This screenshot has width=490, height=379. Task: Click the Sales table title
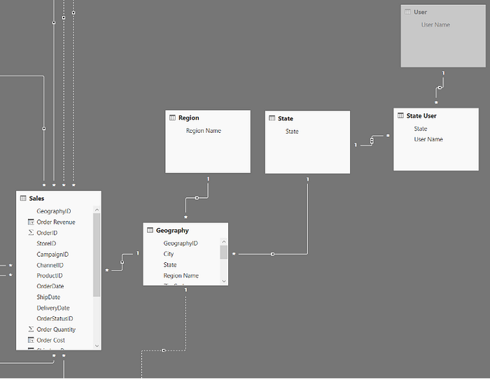coord(36,199)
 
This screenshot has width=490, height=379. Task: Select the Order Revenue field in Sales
coord(55,222)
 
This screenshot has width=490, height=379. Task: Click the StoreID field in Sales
coord(46,243)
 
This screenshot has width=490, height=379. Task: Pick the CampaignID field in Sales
coord(52,255)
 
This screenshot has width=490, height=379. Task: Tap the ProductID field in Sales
coord(50,276)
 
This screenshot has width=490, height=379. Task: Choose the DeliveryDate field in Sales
coord(52,308)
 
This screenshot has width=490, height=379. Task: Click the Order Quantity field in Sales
coord(56,329)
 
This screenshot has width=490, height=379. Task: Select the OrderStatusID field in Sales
coord(55,318)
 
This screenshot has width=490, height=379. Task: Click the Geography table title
coord(172,230)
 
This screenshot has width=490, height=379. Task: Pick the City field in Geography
coord(169,254)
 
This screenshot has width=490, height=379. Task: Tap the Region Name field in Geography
coord(181,276)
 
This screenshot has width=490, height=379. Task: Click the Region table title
coord(188,118)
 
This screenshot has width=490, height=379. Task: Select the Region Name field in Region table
coord(203,131)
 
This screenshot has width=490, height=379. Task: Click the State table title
coord(285,118)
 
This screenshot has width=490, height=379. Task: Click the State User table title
coord(421,115)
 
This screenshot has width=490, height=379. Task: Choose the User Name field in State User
coord(428,139)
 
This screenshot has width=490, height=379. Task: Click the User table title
coord(420,12)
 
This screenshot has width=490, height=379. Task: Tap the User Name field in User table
coord(435,24)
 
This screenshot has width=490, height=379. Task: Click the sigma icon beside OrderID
coord(31,233)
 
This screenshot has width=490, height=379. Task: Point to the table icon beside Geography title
coord(150,230)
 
